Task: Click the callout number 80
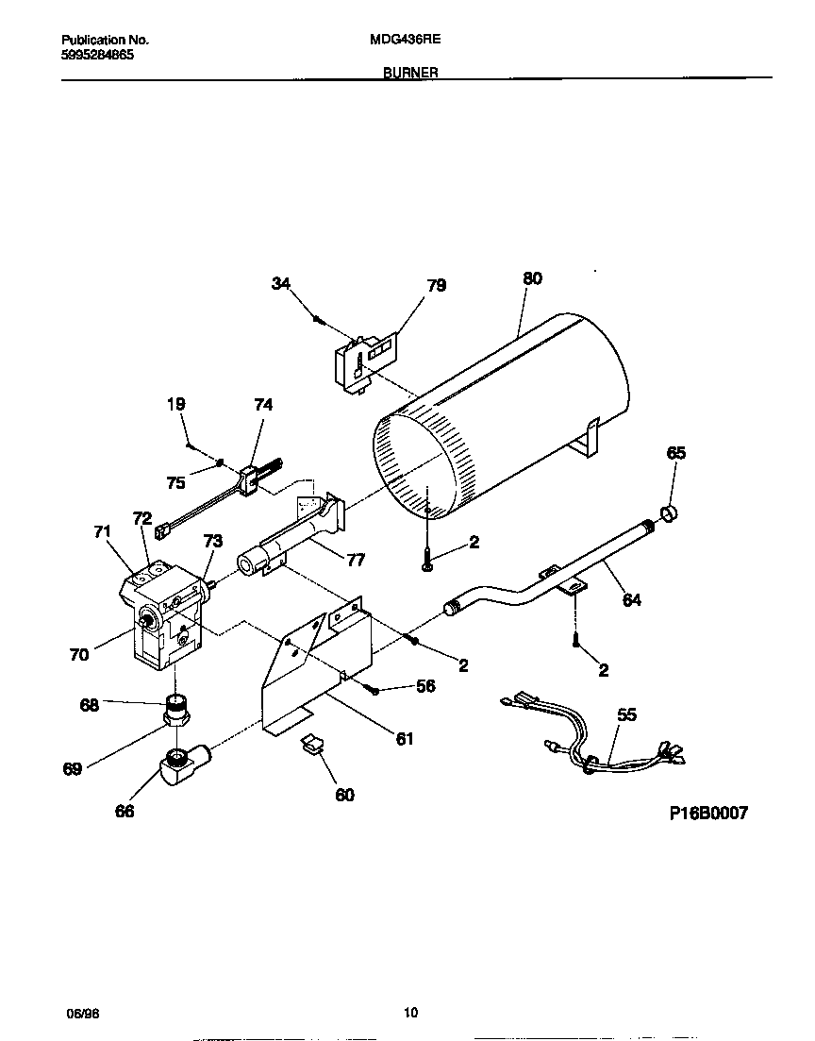click(532, 279)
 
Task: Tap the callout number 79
click(436, 286)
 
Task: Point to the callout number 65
click(676, 453)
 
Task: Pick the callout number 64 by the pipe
click(631, 599)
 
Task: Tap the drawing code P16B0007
click(708, 814)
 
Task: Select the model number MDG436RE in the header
click(407, 41)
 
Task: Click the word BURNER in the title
click(409, 72)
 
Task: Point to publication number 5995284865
click(97, 55)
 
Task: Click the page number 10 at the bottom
click(409, 1014)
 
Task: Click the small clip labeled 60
click(310, 746)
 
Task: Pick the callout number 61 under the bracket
click(404, 739)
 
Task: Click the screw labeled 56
click(374, 691)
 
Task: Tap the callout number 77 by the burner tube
click(355, 560)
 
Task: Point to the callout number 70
click(79, 653)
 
